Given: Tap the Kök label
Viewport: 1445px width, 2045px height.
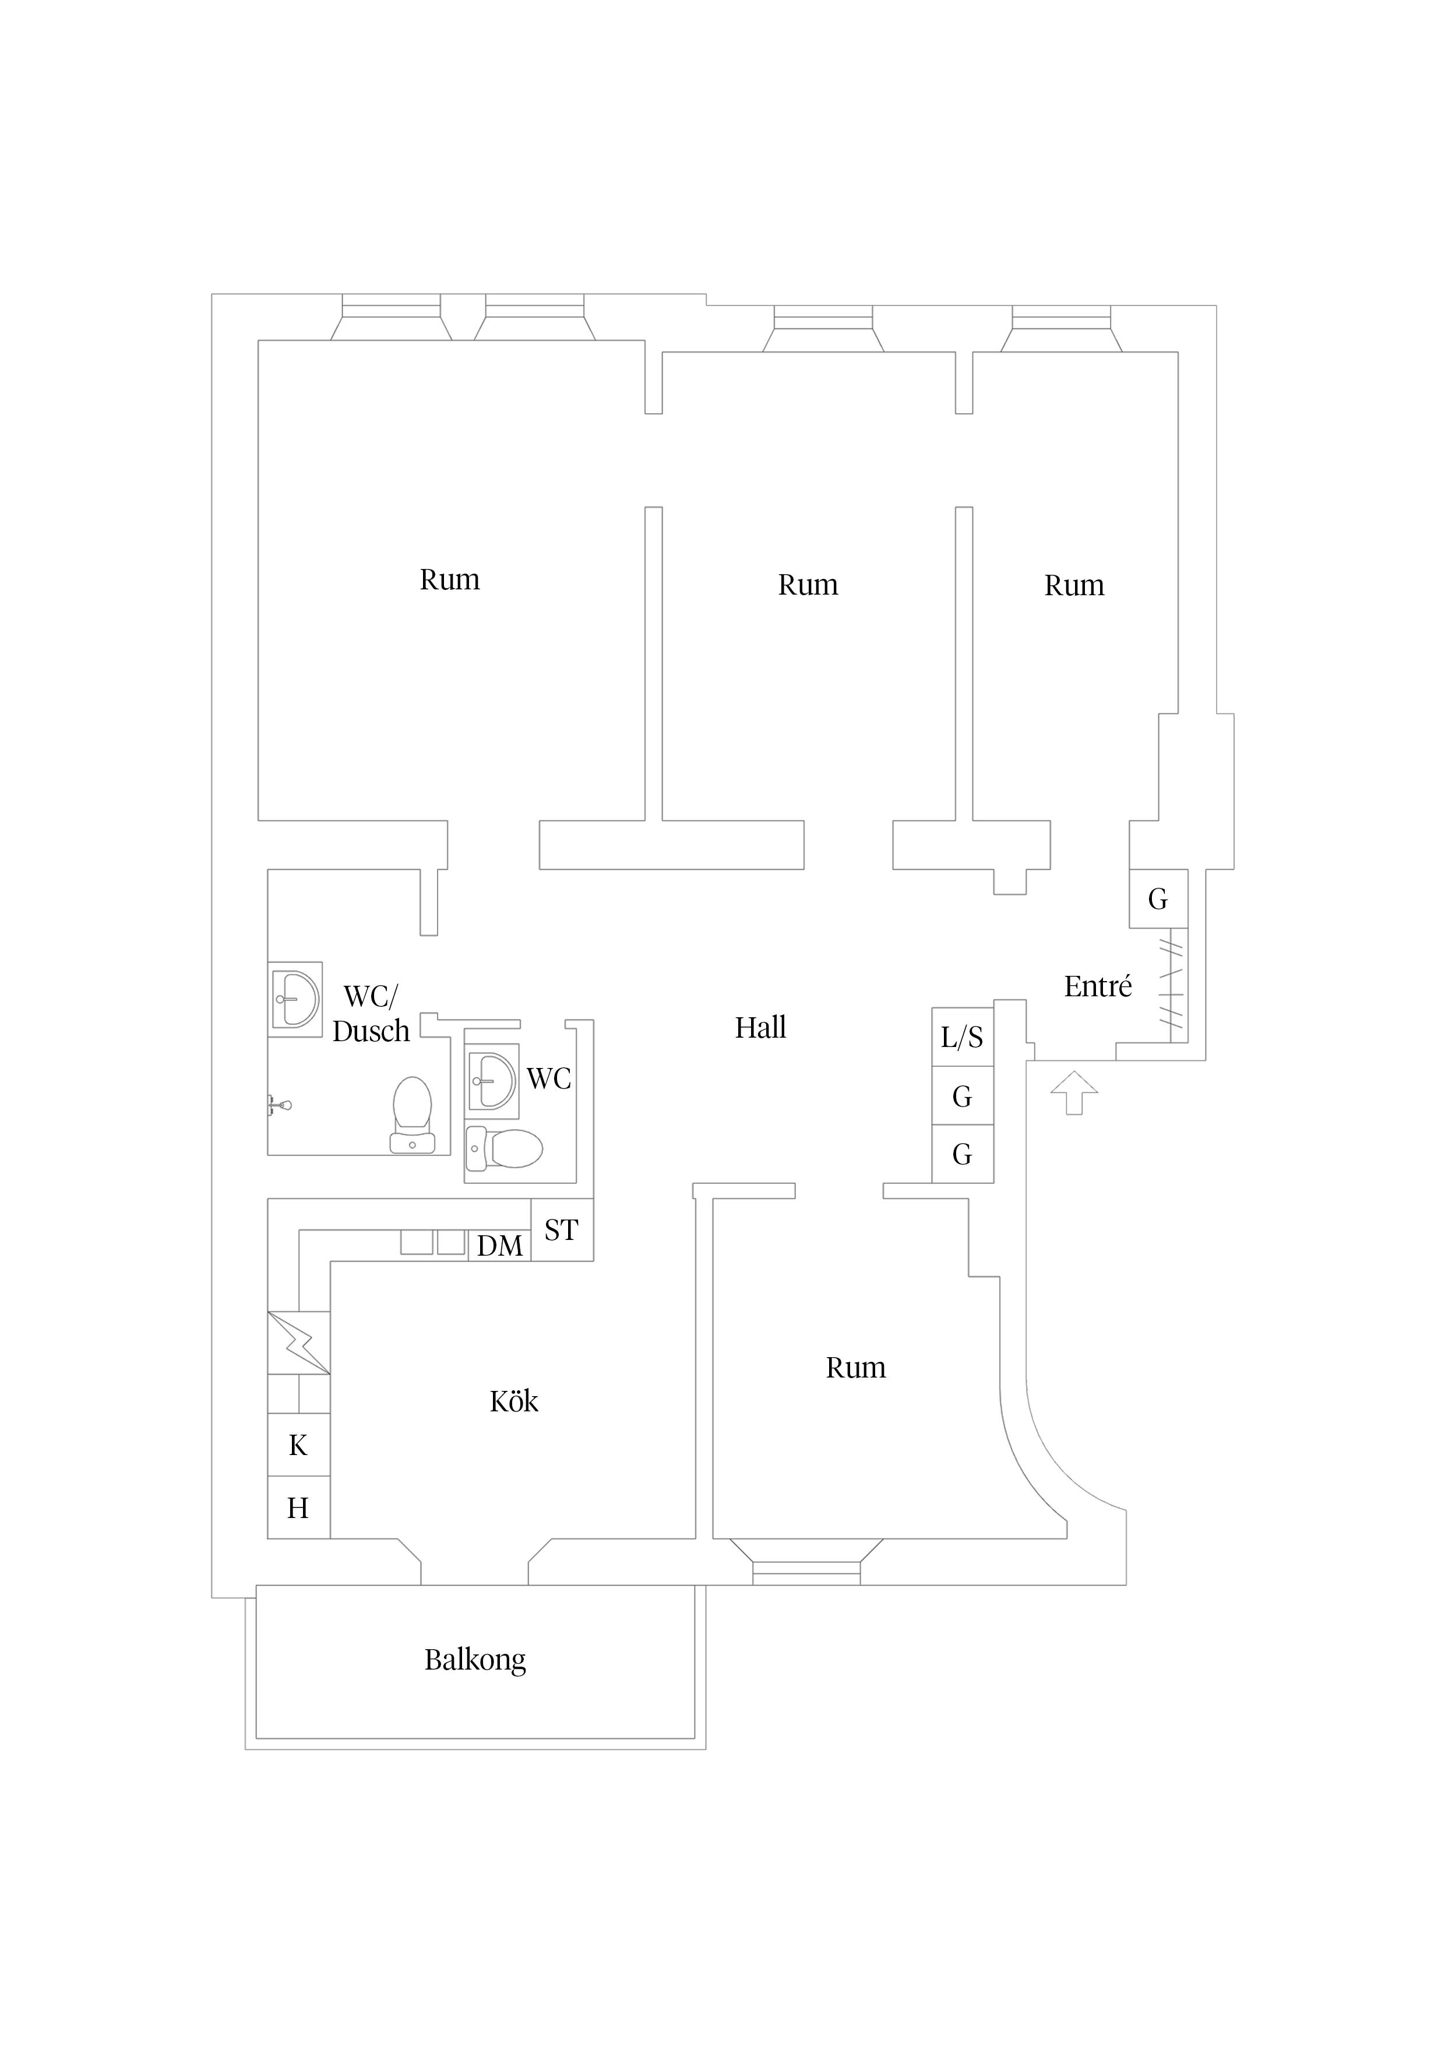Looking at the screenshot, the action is click(x=514, y=1401).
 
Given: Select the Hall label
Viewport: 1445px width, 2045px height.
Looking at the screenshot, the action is click(x=760, y=1028).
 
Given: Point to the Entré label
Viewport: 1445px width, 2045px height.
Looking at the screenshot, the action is click(x=1098, y=986).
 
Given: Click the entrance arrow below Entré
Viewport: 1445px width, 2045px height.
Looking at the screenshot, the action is click(x=1074, y=1092).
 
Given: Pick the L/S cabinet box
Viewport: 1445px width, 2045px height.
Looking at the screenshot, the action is click(x=963, y=1036).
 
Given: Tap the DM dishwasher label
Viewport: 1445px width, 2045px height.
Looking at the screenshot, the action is click(x=499, y=1246).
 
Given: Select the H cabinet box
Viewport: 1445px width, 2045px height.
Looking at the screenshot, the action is click(x=299, y=1508).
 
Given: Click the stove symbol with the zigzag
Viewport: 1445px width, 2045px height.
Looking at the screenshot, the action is click(x=299, y=1343).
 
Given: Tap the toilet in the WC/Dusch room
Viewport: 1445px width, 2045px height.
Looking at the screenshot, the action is click(x=412, y=1114).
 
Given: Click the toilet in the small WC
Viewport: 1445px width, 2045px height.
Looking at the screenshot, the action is click(x=505, y=1149).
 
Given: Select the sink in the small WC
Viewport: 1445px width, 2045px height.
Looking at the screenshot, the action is click(x=492, y=1081).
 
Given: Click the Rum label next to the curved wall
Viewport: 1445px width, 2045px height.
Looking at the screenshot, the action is click(x=855, y=1367).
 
